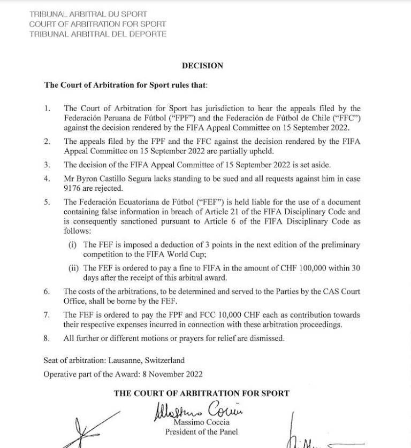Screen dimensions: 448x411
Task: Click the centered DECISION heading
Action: click(202, 66)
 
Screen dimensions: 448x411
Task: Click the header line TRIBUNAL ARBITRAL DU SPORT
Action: click(88, 14)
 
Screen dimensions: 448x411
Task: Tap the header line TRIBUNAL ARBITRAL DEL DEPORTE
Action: click(98, 34)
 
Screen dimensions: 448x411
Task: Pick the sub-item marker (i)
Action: click(73, 244)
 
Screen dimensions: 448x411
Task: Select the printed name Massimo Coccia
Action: click(201, 423)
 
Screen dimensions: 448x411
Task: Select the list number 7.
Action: click(47, 315)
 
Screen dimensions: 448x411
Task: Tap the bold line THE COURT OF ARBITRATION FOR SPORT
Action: click(201, 393)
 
